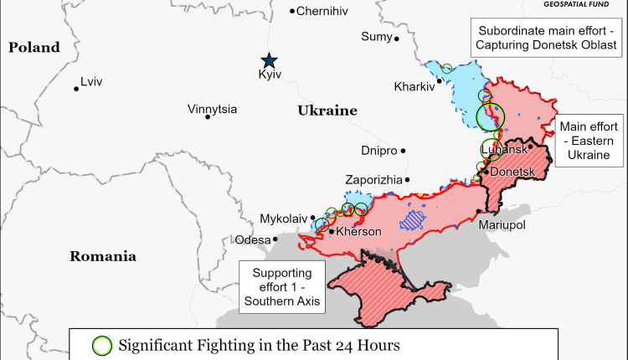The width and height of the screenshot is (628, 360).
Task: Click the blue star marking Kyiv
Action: click(x=269, y=60)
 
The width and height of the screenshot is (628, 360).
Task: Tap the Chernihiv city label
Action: click(x=322, y=11)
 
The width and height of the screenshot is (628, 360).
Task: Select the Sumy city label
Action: click(x=376, y=36)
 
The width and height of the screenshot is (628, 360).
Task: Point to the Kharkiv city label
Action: click(x=414, y=86)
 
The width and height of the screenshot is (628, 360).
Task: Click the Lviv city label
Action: click(x=91, y=83)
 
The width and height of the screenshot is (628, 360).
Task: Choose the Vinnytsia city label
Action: click(x=212, y=110)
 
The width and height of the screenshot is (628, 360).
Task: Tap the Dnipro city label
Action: click(x=378, y=152)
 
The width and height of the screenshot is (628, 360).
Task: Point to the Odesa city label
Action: click(x=253, y=239)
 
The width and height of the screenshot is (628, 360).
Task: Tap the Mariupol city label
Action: click(x=502, y=225)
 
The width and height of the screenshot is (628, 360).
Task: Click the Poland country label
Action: click(x=34, y=48)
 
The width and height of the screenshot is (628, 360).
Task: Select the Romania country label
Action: click(x=103, y=256)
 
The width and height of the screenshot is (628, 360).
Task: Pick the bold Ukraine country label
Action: click(x=327, y=111)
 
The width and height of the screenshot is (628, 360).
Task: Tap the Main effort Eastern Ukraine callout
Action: click(x=591, y=138)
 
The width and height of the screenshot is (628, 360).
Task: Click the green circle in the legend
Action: click(x=101, y=344)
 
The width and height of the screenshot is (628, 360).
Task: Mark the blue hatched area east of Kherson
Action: click(x=413, y=219)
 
